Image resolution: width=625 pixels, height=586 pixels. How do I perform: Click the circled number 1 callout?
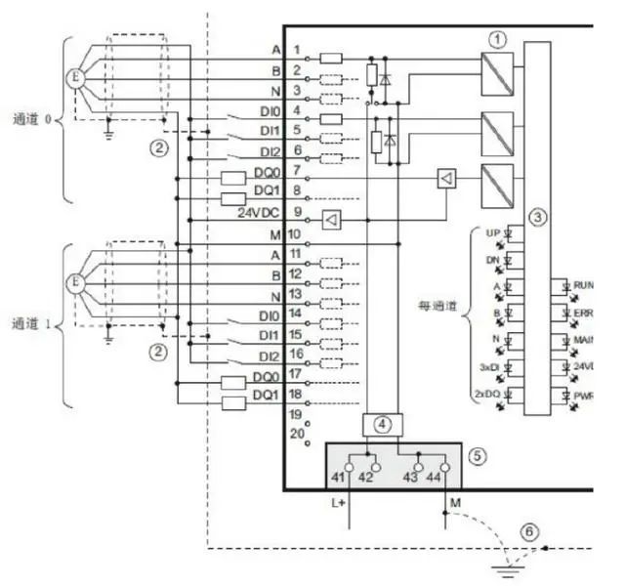pyautogui.click(x=500, y=39)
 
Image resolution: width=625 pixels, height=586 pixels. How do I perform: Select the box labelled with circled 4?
pyautogui.click(x=383, y=424)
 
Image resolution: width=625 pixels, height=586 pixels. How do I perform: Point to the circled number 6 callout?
pyautogui.click(x=528, y=532)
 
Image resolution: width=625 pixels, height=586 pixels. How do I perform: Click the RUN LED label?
pyautogui.click(x=584, y=283)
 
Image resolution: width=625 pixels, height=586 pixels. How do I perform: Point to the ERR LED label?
pyautogui.click(x=584, y=312)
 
